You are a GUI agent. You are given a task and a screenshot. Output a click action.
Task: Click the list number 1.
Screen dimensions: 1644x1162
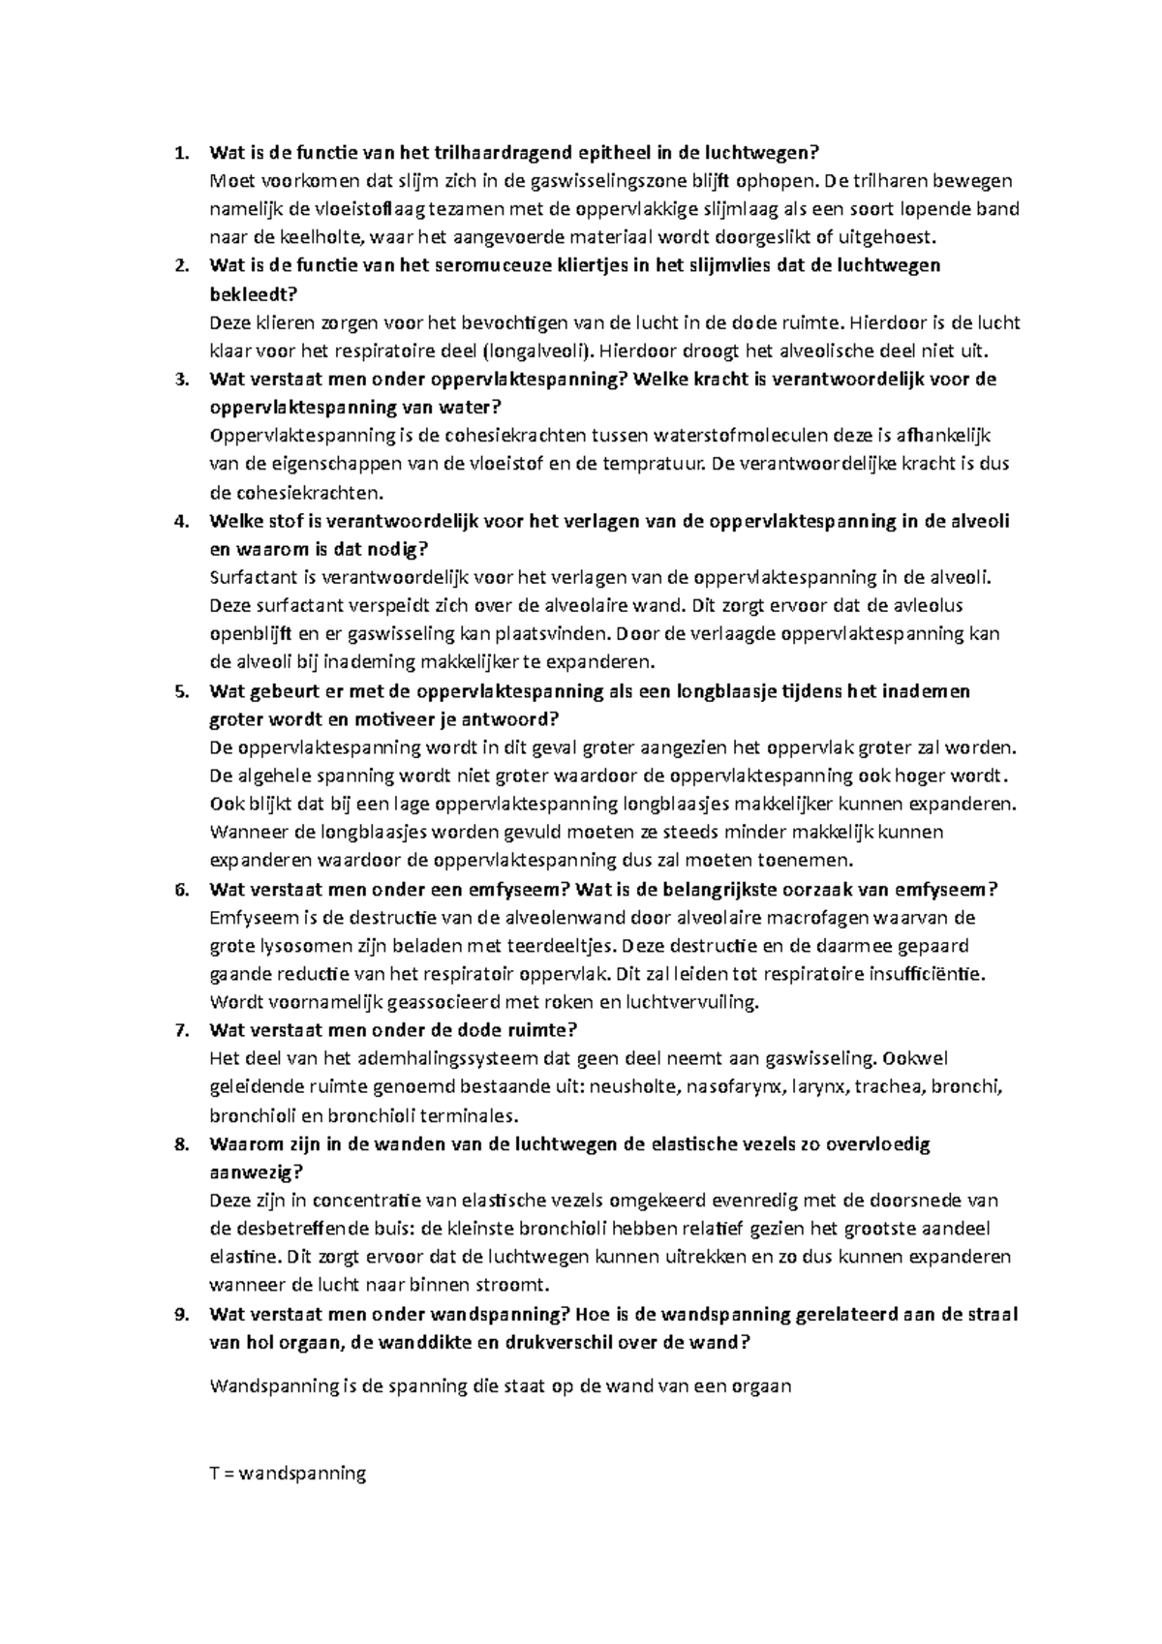[177, 152]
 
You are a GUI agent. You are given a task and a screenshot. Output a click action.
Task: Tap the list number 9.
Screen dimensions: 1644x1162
[177, 1314]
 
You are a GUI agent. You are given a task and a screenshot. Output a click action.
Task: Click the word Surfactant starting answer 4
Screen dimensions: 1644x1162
[254, 577]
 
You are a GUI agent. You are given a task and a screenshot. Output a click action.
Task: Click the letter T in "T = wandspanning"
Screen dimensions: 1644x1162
[215, 1474]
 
